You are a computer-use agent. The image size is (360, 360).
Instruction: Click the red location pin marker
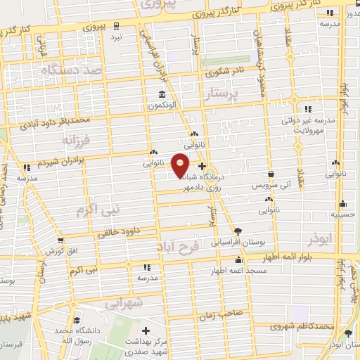[x=181, y=165]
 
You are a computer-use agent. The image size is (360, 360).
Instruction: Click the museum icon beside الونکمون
[x=162, y=95]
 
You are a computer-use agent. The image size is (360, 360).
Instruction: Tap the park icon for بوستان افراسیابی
[x=238, y=231]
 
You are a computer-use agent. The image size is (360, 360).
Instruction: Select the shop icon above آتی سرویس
[x=271, y=174]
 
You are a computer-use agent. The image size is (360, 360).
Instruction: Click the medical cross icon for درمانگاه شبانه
[x=202, y=167]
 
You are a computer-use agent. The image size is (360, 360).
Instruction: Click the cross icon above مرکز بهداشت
[x=146, y=330]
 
